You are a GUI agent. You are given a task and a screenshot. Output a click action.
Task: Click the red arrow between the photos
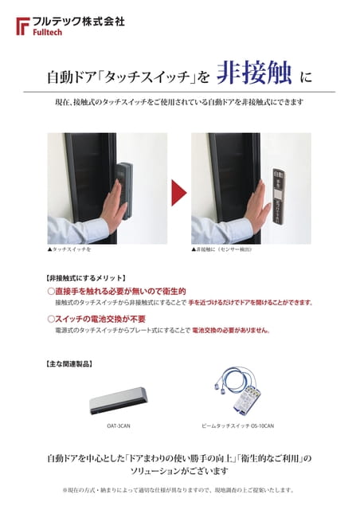(x=179, y=191)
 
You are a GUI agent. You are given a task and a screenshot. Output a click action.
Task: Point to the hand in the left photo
(x=113, y=204)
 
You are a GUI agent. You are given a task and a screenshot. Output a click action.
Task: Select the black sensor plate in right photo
(x=278, y=195)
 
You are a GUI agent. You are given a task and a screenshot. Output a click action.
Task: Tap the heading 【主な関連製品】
(x=69, y=363)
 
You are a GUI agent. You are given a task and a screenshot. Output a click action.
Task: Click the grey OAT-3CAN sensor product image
(x=119, y=399)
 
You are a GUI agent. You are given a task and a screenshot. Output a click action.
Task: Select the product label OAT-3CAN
(x=119, y=426)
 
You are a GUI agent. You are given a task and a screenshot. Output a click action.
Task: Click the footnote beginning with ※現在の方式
(x=178, y=489)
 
